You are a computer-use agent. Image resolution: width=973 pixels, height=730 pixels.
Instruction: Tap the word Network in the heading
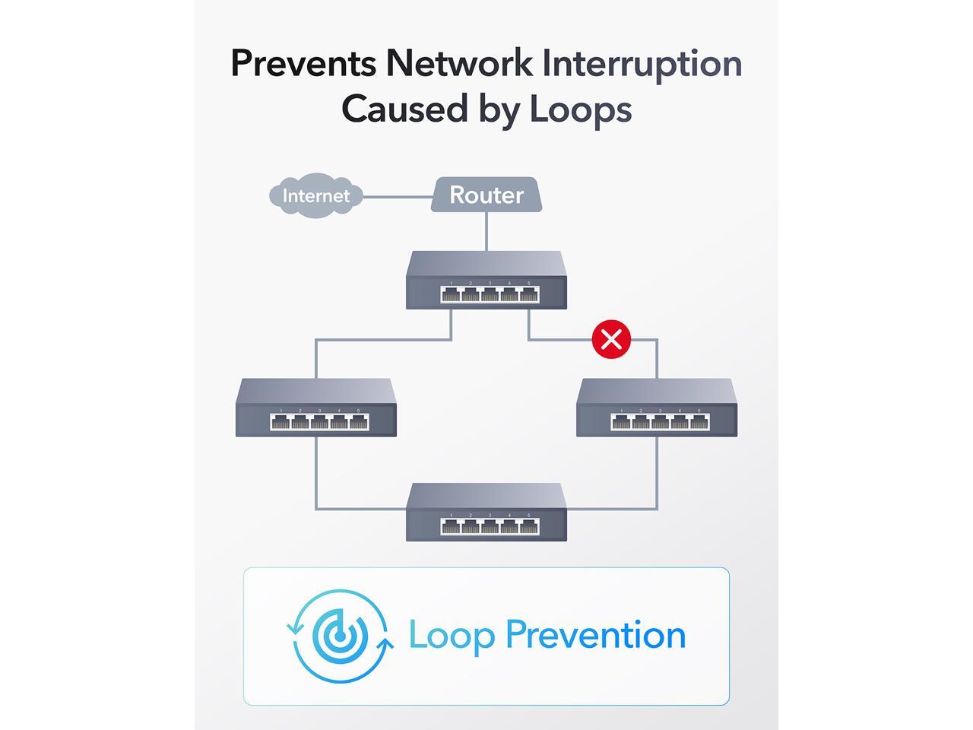pyautogui.click(x=459, y=63)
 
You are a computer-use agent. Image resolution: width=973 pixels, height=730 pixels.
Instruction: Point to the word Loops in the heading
pyautogui.click(x=581, y=109)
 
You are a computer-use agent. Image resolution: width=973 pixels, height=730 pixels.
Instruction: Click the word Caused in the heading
pyautogui.click(x=404, y=109)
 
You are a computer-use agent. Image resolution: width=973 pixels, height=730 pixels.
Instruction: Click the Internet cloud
pyautogui.click(x=315, y=196)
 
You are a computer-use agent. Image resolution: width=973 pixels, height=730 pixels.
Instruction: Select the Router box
pyautogui.click(x=486, y=195)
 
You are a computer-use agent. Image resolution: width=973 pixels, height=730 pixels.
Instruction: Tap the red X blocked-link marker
pyautogui.click(x=611, y=338)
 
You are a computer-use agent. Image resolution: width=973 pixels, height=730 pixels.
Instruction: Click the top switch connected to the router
pyautogui.click(x=486, y=280)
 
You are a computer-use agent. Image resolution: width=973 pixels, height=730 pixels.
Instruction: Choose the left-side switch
pyautogui.click(x=316, y=408)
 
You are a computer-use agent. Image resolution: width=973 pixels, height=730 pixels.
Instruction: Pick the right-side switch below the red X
pyautogui.click(x=657, y=408)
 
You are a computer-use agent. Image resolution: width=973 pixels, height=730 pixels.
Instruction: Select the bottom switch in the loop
pyautogui.click(x=486, y=513)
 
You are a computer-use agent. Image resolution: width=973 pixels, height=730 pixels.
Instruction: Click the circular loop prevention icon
pyautogui.click(x=341, y=636)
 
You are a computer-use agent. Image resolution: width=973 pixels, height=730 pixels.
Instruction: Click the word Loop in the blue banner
pyautogui.click(x=452, y=636)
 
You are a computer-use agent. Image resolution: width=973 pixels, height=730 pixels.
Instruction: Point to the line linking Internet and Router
pyautogui.click(x=397, y=196)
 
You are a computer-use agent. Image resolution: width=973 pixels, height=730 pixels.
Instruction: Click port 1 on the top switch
pyautogui.click(x=451, y=294)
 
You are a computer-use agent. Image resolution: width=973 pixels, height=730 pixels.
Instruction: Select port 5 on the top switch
pyautogui.click(x=529, y=294)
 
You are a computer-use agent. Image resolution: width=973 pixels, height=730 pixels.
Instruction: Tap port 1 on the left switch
pyautogui.click(x=280, y=422)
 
